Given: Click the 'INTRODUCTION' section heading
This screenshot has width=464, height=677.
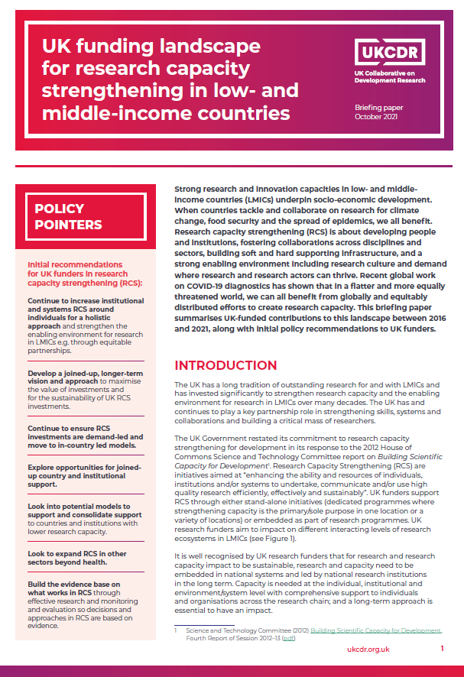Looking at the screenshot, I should [226, 365].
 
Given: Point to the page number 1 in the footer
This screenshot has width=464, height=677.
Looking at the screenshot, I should [442, 649].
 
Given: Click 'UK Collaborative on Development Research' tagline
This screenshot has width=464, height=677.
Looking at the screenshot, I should [390, 76].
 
